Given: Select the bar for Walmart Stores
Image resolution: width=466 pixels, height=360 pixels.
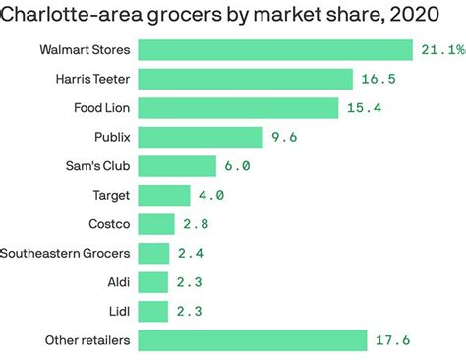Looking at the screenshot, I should [274, 50].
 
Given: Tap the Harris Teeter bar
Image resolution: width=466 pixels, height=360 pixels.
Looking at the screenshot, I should [245, 79].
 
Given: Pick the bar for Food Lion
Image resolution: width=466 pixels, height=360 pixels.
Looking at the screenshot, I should [238, 108].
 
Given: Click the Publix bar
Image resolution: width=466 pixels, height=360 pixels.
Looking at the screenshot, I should [201, 137].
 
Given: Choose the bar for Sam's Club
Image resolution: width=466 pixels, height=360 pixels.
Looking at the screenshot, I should [177, 166].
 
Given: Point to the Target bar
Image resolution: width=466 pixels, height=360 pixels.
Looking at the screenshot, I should [164, 195].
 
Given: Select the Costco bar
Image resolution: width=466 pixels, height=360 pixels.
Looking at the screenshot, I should [156, 224].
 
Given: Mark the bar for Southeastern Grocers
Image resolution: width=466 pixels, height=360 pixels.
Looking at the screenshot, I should [153, 254].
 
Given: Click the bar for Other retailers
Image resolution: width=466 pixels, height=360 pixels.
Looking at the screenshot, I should [252, 341].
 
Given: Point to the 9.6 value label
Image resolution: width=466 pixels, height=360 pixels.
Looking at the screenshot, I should [284, 137].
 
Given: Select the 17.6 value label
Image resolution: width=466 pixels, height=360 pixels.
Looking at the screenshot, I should [390, 341].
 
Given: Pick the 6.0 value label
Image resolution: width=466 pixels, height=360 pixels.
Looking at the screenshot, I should [236, 166].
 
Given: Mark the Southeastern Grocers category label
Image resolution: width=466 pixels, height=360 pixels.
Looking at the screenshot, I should [66, 254].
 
